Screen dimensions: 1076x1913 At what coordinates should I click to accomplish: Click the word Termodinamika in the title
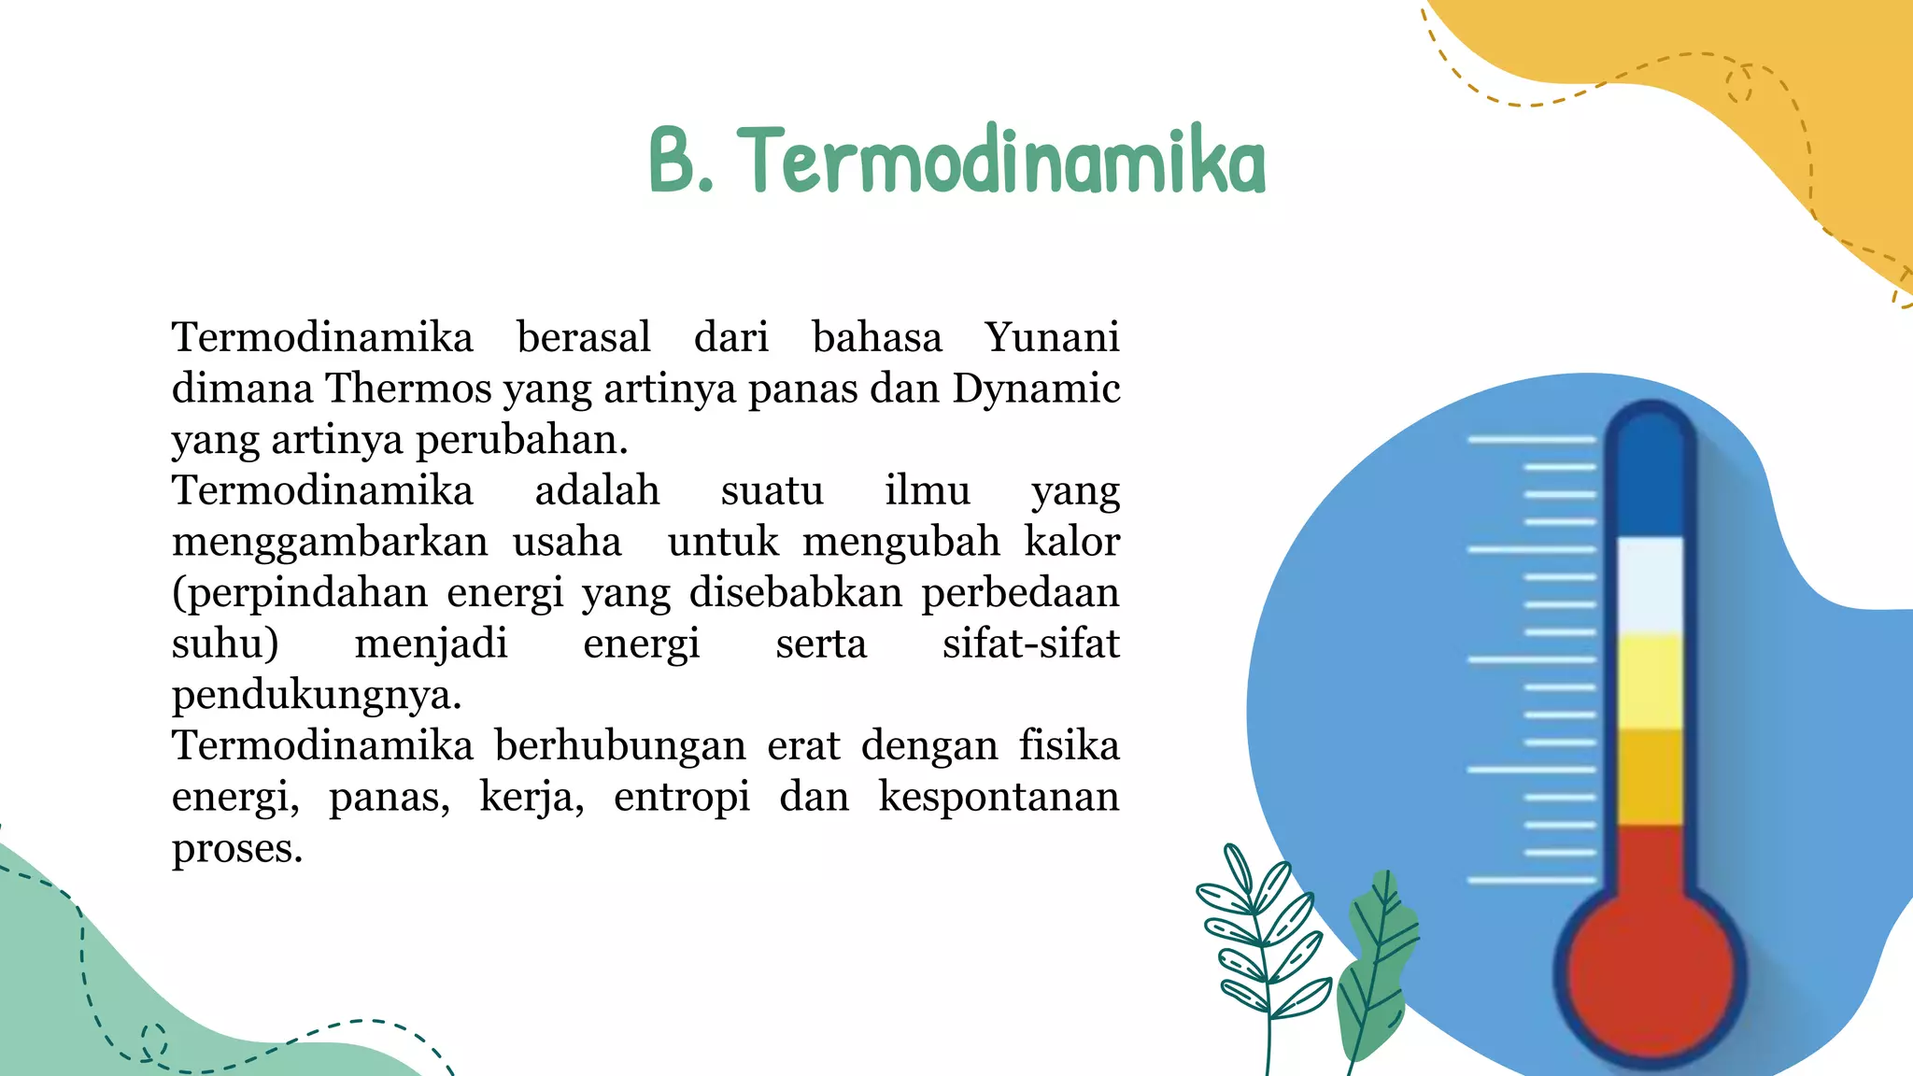click(1005, 161)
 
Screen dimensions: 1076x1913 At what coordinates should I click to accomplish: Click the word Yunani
click(1052, 337)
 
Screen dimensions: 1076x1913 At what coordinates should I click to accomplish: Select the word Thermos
click(408, 389)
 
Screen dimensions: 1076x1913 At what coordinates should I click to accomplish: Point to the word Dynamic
click(1036, 389)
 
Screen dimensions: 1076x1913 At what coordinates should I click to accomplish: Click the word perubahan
click(521, 440)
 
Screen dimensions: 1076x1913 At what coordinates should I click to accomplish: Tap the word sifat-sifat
click(1030, 644)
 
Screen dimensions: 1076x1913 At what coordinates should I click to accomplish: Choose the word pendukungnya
click(317, 695)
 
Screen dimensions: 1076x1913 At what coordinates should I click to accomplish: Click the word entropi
click(682, 797)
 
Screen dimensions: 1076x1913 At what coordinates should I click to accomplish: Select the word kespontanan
click(999, 797)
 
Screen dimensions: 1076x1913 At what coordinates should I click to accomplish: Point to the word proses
click(237, 848)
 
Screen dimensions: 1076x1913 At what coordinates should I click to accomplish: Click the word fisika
click(1069, 745)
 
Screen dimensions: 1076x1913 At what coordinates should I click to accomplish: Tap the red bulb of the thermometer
click(1650, 971)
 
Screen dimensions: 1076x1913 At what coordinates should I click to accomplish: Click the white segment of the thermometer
click(1650, 584)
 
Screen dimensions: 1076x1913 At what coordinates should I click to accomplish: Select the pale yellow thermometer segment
click(1650, 680)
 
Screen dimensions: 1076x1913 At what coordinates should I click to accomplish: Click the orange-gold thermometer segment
click(1650, 777)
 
